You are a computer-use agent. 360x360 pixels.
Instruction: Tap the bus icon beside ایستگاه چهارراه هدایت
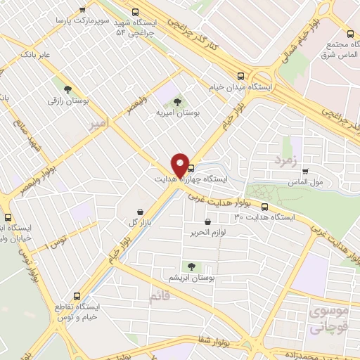[191, 167]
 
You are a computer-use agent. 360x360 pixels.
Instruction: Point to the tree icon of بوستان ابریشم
[191, 266]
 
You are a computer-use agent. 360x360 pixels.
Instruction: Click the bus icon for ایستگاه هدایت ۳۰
[264, 207]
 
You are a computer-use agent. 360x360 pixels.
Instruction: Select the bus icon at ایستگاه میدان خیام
[241, 76]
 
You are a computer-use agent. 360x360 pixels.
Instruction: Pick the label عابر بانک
[37, 53]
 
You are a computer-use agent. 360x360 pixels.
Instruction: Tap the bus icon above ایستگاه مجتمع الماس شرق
[349, 32]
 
